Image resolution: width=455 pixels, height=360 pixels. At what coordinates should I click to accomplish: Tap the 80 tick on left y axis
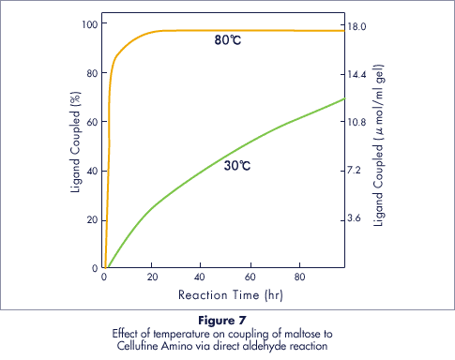pos(90,73)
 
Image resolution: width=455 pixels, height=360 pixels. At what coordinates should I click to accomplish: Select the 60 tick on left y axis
pos(90,122)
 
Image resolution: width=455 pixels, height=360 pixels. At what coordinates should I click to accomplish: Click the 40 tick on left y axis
pos(90,172)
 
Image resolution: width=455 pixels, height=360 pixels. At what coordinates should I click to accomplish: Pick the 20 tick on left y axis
pos(90,220)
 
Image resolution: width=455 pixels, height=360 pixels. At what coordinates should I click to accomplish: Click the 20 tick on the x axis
pos(152,279)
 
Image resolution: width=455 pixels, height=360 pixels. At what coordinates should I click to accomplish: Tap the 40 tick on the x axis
pos(201,279)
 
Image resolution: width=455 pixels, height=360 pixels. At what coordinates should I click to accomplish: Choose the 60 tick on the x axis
pos(250,279)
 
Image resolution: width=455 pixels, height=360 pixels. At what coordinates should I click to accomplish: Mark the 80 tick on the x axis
pos(298,279)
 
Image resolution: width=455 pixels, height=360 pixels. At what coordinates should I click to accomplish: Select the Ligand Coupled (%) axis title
pos(75,146)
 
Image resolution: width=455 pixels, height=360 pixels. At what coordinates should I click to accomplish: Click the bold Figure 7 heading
pos(227,322)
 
